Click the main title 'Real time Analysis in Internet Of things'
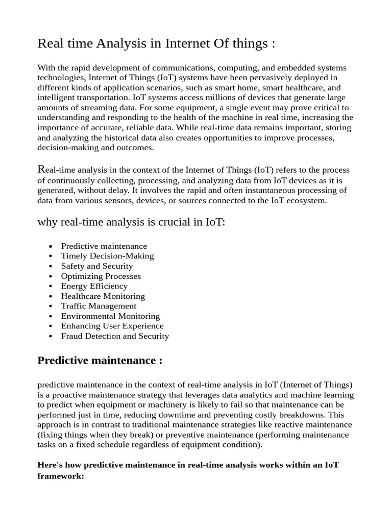pos(156,44)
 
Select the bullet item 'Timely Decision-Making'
pos(107,256)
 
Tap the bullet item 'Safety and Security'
pos(97,266)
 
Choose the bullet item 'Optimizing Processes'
pos(101,276)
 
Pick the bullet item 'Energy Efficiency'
pos(94,286)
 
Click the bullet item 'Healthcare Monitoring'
pos(103,296)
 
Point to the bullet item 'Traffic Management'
pos(99,306)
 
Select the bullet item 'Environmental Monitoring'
pos(110,316)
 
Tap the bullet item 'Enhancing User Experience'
pos(112,326)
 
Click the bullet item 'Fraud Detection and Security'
pos(115,336)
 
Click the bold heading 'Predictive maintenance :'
pos(100,361)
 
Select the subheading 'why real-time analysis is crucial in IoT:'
pos(131,223)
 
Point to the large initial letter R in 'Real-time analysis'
pos(41,169)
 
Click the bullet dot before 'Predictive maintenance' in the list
pos(50,247)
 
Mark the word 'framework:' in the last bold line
pos(61,476)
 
